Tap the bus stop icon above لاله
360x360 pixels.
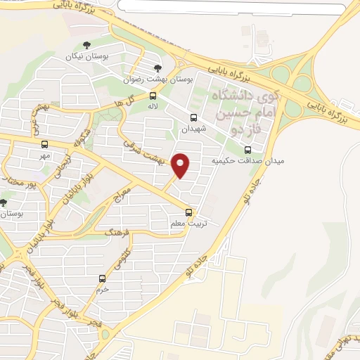pyautogui.click(x=153, y=96)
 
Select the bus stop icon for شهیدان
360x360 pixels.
pyautogui.click(x=193, y=117)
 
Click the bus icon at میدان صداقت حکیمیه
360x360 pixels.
pyautogui.click(x=247, y=149)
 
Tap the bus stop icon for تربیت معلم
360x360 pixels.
pyautogui.click(x=188, y=212)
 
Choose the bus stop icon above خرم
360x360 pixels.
pyautogui.click(x=103, y=278)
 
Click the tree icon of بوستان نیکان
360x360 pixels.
pyautogui.click(x=86, y=46)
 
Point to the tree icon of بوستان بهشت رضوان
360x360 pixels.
pyautogui.click(x=158, y=68)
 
